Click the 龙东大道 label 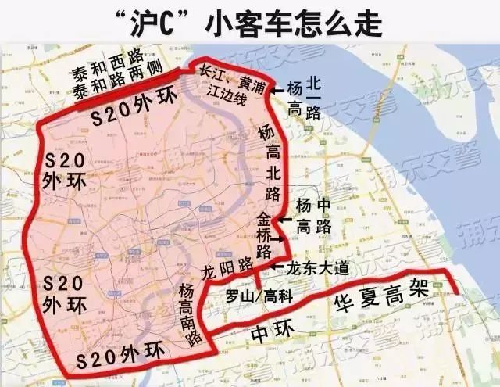(316, 267)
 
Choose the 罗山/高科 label (254, 298)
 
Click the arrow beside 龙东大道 (276, 267)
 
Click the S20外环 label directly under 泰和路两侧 (130, 118)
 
